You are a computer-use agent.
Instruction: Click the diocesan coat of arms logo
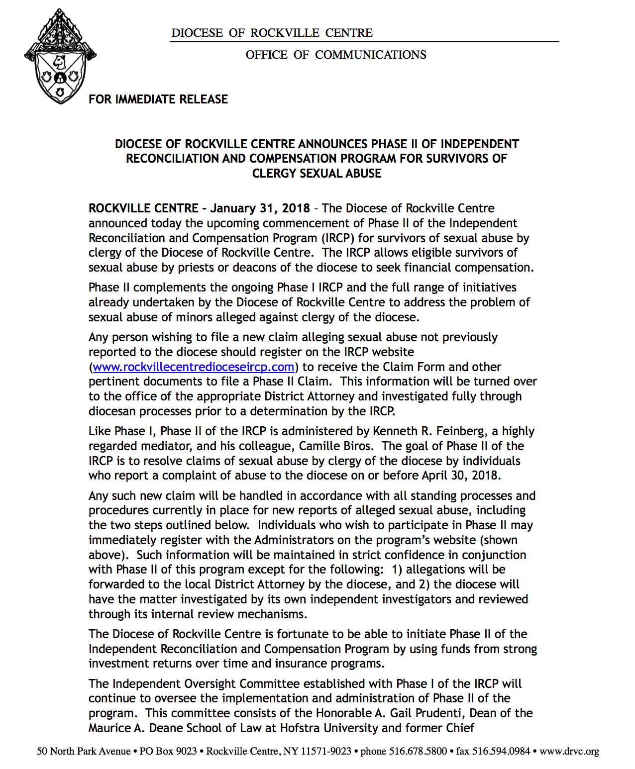[60, 57]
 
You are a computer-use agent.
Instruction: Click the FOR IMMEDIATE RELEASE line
[158, 99]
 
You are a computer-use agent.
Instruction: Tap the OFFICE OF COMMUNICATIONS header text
[336, 55]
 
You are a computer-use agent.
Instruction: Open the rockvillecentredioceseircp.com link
[194, 367]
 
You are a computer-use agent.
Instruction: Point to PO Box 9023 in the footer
[168, 751]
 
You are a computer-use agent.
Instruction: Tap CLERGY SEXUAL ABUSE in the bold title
[317, 174]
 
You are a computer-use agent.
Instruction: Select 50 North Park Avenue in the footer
[84, 751]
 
